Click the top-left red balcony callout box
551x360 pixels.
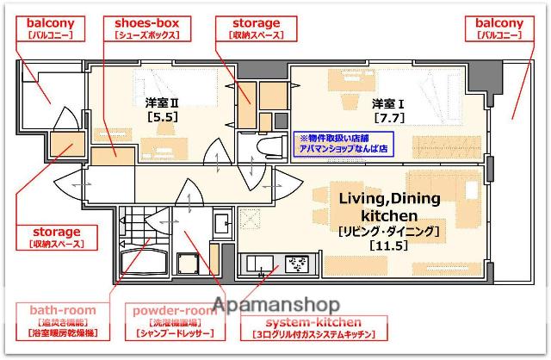coord(50,28)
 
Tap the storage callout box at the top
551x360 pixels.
coord(256,28)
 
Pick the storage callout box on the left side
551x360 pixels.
coord(58,237)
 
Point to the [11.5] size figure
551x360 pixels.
coord(388,246)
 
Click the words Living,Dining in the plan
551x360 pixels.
coord(389,199)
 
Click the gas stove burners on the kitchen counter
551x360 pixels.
coord(297,264)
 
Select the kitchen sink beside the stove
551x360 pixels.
coord(260,264)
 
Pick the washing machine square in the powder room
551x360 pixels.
coord(190,264)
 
